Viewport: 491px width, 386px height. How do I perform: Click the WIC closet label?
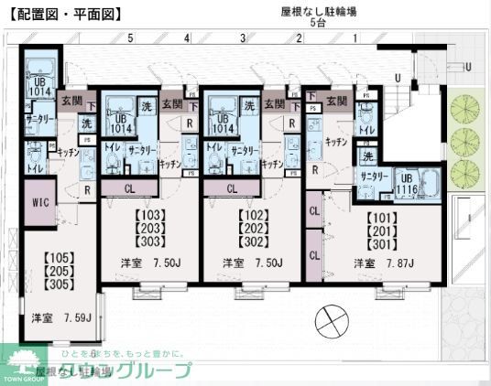point(38,202)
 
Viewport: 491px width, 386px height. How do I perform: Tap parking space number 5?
point(130,38)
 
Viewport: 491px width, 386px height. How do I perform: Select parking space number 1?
point(355,38)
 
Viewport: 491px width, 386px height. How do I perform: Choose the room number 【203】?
point(148,229)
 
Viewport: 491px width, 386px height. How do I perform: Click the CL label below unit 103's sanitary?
point(130,188)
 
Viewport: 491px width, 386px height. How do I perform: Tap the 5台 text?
point(319,25)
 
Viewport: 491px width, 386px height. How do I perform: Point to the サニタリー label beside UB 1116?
point(375,177)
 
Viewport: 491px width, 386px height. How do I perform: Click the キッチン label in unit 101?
point(334,143)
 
